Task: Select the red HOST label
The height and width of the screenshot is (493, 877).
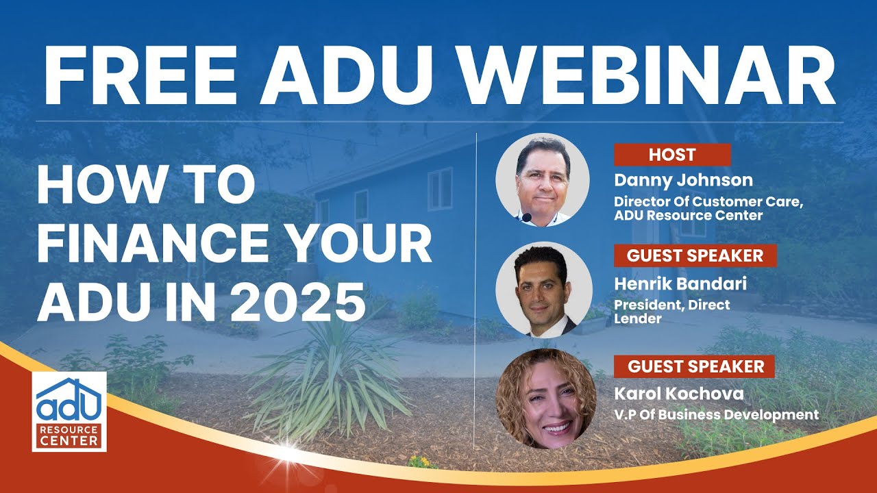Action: click(x=671, y=155)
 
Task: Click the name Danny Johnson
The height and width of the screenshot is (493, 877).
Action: click(x=683, y=181)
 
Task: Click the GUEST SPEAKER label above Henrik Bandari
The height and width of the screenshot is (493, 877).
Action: click(x=695, y=256)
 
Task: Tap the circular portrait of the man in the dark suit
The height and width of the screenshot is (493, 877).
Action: click(x=543, y=290)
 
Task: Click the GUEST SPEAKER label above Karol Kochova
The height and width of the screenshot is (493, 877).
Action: click(x=695, y=366)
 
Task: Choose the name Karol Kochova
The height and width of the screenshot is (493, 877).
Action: click(x=678, y=393)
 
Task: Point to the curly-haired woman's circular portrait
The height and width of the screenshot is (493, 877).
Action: click(x=543, y=399)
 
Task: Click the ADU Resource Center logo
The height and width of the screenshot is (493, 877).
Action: click(x=69, y=412)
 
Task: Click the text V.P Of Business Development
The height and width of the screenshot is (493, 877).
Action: click(x=716, y=414)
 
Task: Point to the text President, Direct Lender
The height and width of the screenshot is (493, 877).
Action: click(x=671, y=312)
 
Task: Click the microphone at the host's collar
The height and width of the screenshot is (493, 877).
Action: click(x=526, y=218)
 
